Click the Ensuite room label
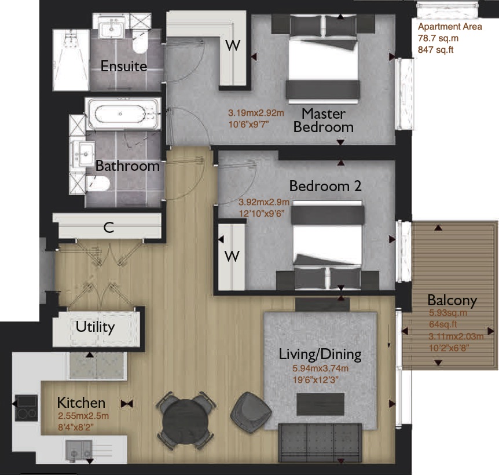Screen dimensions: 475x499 tap(123, 66)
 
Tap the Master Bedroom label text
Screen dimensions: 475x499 tap(323, 120)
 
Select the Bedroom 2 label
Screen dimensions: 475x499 tap(325, 186)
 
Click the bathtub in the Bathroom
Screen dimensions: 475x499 tap(123, 114)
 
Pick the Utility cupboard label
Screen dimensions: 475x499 tap(95, 327)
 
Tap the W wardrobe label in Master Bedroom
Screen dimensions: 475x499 tap(232, 46)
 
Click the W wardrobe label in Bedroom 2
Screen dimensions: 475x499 tap(232, 256)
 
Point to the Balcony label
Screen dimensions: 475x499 tap(452, 300)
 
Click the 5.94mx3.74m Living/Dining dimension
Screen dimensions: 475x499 tap(320, 368)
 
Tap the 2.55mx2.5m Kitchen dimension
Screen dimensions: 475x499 tap(83, 415)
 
